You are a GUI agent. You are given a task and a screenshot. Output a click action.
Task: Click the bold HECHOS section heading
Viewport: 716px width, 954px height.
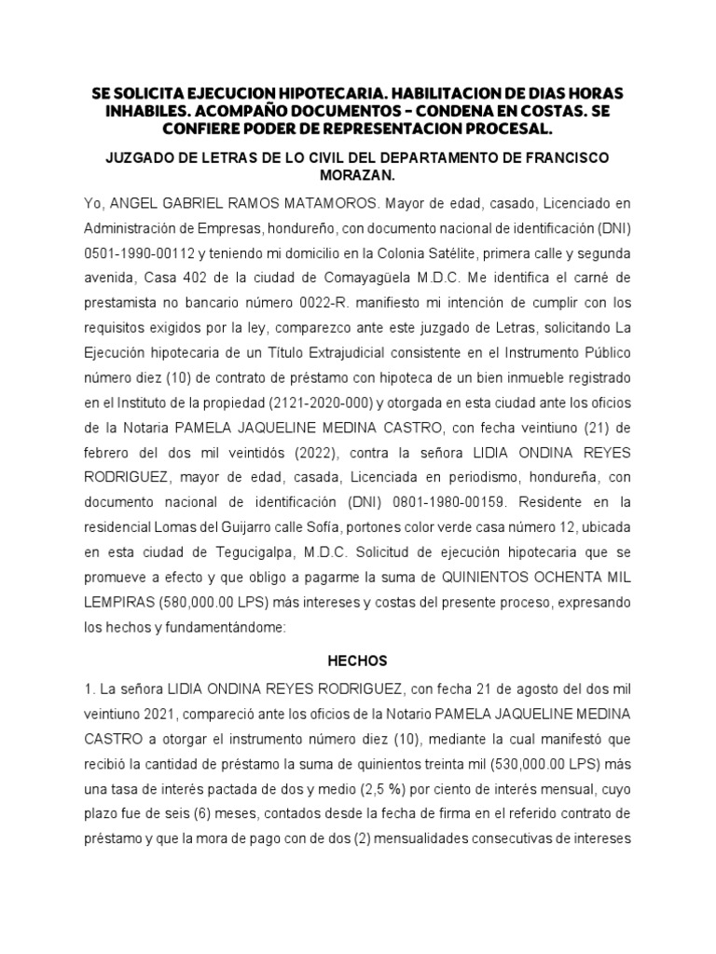tap(357, 661)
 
